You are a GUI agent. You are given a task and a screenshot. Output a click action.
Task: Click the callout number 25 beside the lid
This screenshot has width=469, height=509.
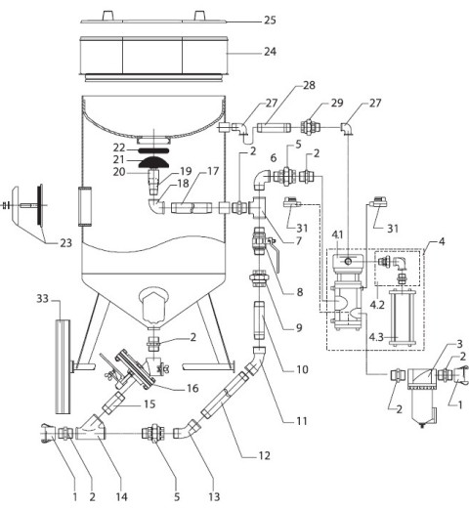(x=270, y=21)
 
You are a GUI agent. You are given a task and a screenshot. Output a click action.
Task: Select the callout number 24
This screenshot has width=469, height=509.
(x=270, y=52)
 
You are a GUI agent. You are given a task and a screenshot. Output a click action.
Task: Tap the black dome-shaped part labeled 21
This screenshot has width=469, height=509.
(x=153, y=162)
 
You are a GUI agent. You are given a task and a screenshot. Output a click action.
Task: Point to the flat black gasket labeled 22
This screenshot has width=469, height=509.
(x=153, y=150)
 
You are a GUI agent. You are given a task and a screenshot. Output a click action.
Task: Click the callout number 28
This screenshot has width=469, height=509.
(x=309, y=85)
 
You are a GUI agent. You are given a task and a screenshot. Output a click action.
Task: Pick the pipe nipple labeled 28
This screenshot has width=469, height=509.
(x=274, y=127)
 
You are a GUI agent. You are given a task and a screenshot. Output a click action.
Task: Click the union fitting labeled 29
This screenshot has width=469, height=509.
(x=311, y=127)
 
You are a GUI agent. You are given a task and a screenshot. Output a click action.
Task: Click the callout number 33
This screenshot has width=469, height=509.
(x=42, y=298)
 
